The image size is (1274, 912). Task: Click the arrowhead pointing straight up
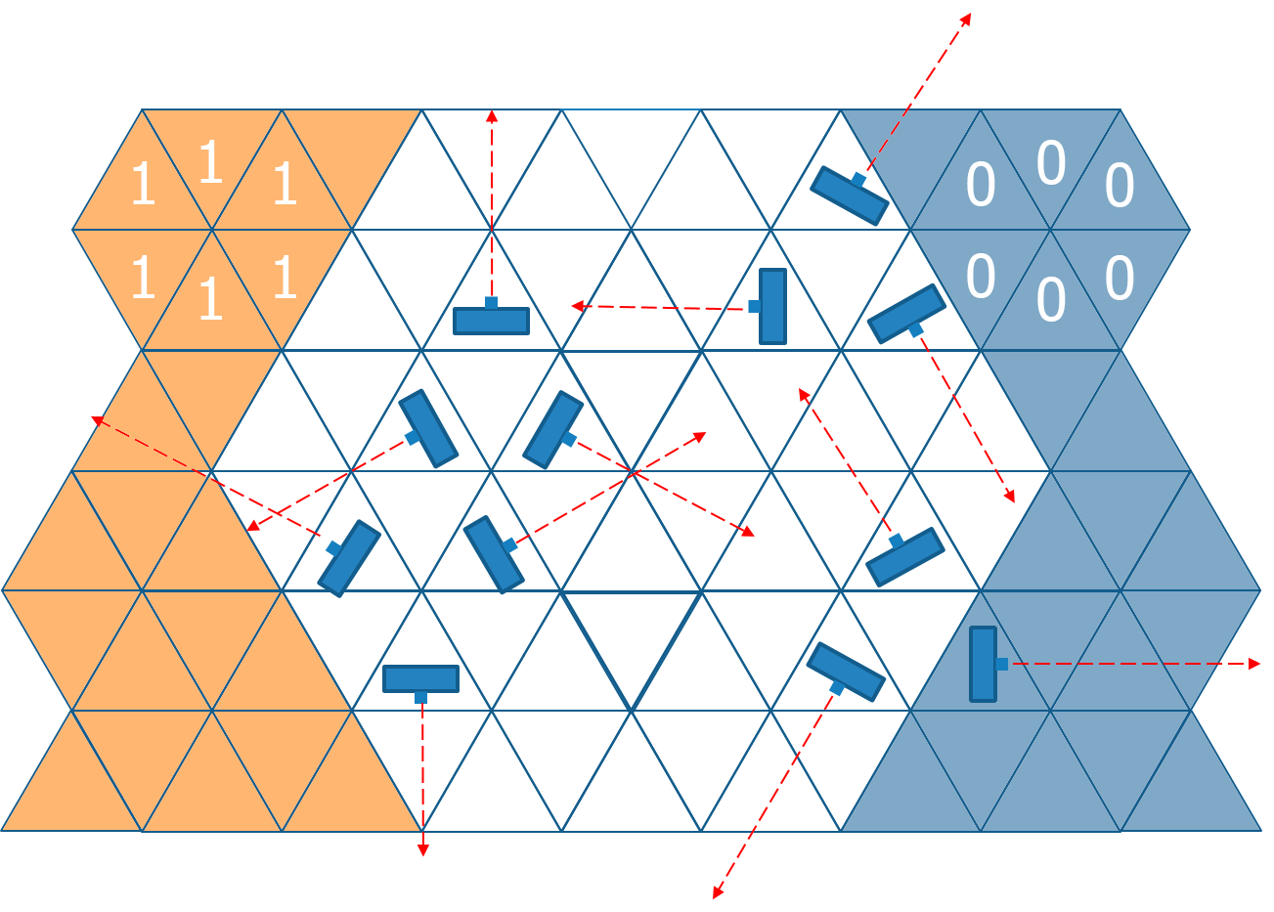point(492,116)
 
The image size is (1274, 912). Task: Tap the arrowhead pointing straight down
point(422,850)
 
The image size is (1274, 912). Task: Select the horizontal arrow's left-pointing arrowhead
point(578,306)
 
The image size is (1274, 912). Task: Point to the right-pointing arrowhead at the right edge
point(1254,664)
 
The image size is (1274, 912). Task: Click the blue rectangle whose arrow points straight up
point(491,321)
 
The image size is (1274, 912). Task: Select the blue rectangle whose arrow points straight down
point(420,678)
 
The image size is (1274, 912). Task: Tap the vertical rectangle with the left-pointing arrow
point(772,306)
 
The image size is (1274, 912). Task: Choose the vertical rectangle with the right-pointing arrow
point(983,664)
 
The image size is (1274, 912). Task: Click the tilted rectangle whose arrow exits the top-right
point(849,195)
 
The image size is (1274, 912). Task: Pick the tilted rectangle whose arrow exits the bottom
point(845,672)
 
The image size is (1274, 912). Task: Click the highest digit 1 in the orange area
point(210,162)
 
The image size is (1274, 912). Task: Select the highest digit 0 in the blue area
point(1051,163)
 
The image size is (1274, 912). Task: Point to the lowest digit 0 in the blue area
point(1051,300)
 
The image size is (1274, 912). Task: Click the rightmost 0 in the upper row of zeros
point(1120,186)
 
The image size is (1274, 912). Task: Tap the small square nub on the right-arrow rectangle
point(1002,664)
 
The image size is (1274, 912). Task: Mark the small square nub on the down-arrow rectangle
point(420,697)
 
